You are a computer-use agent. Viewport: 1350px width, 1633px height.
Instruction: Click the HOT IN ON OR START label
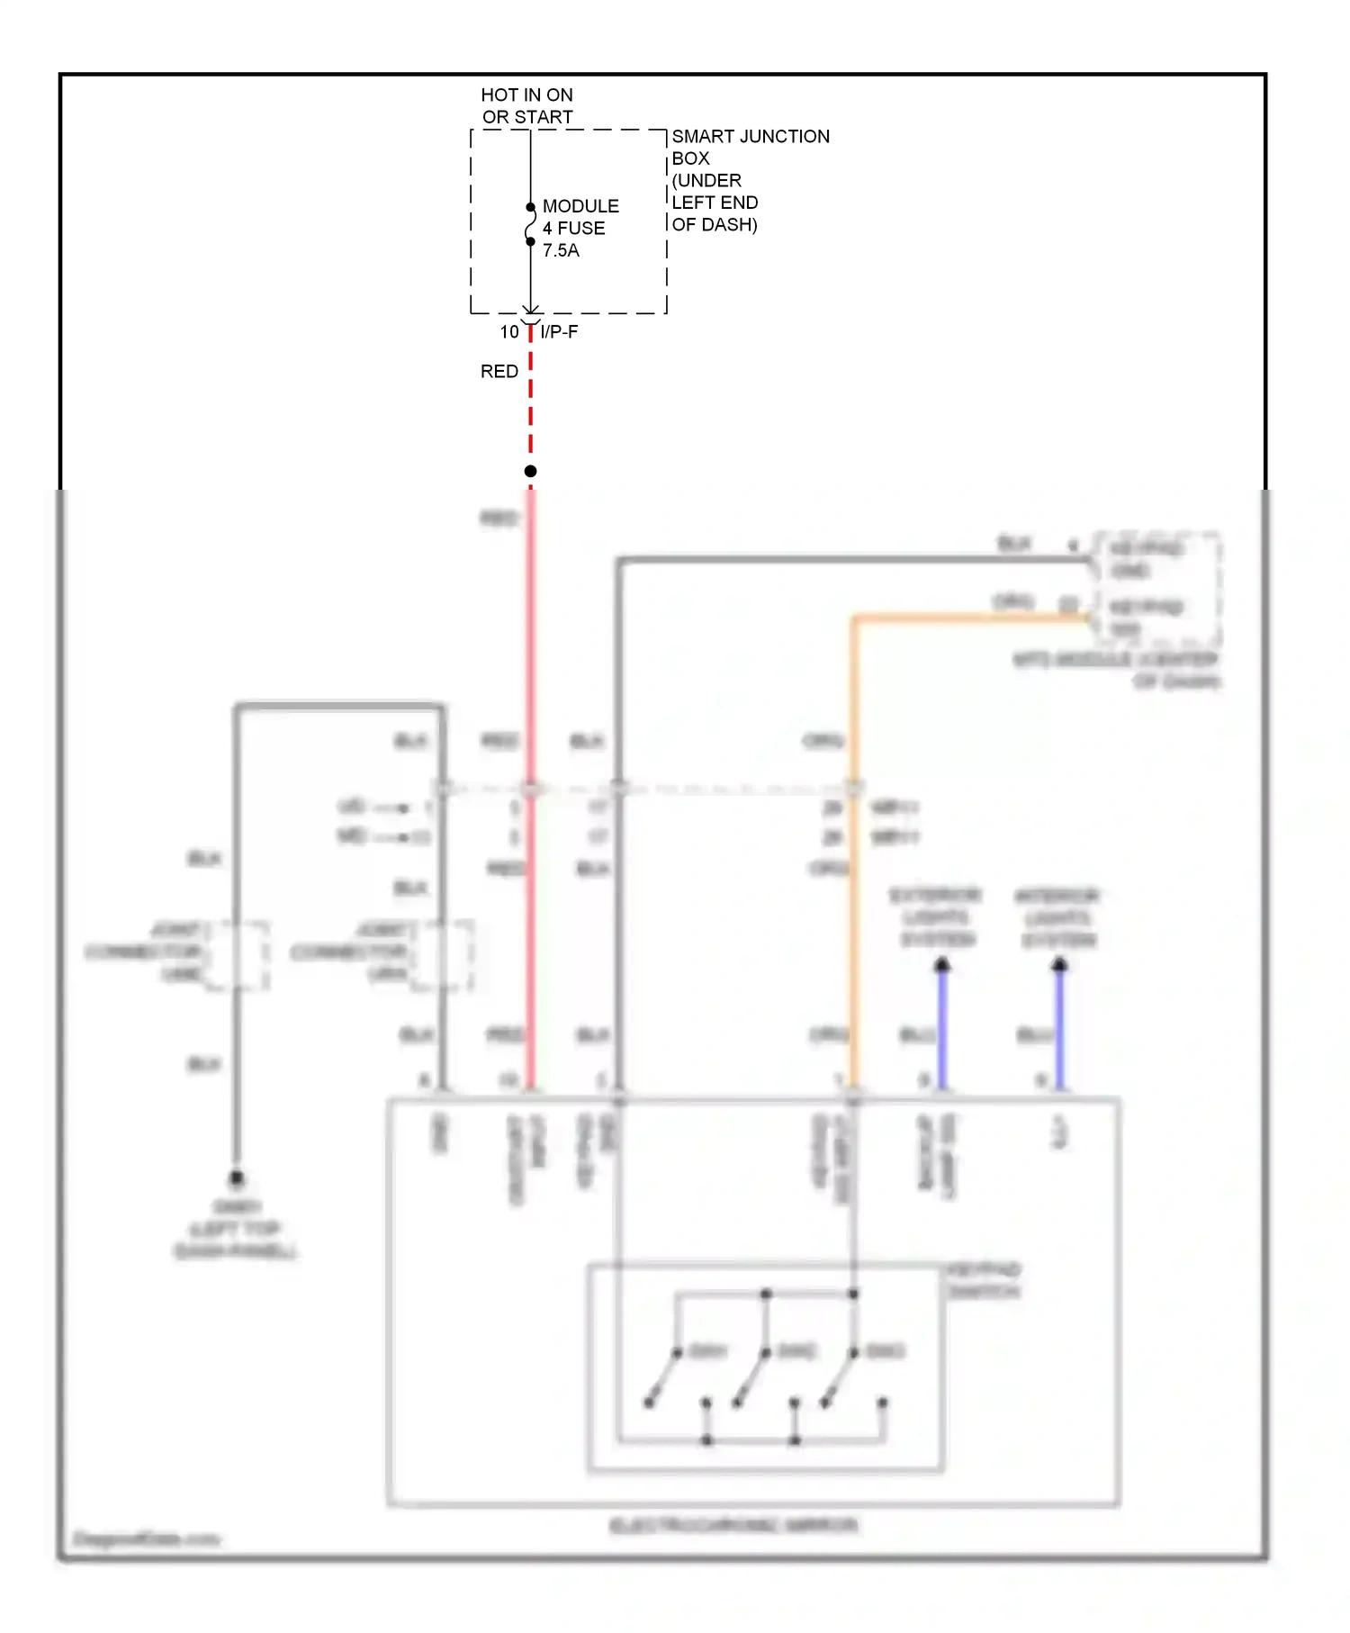[526, 106]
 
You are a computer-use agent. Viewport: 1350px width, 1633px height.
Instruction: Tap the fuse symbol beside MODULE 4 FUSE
[530, 225]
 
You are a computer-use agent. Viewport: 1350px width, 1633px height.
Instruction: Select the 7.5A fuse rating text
[561, 251]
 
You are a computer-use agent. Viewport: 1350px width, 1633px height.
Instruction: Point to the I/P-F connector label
[559, 332]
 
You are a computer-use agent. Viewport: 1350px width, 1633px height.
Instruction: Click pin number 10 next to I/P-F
[509, 332]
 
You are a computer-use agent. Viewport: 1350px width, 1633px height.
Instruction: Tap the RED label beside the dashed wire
[499, 372]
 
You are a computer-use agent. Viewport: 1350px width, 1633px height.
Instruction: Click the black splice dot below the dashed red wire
[530, 472]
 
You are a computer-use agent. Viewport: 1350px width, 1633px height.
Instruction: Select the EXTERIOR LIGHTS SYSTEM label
[936, 917]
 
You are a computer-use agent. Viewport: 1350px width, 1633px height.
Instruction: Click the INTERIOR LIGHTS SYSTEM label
[1058, 918]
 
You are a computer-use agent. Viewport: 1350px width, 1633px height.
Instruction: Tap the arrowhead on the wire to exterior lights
[942, 966]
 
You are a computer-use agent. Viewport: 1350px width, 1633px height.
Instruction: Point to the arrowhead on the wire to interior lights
[1059, 966]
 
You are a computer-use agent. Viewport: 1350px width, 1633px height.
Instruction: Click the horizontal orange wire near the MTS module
[972, 618]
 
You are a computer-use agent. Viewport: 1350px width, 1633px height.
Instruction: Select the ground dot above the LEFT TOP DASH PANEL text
[237, 1177]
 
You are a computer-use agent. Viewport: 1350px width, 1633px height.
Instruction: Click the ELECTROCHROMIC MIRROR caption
[733, 1525]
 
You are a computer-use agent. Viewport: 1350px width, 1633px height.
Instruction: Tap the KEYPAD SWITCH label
[984, 1280]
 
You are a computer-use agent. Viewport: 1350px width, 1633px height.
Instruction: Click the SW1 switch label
[707, 1351]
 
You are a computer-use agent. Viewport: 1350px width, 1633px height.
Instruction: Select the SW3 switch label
[886, 1351]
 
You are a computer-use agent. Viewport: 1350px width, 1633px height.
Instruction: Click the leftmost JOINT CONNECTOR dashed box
[236, 955]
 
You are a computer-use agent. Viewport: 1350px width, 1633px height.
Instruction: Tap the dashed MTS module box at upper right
[1156, 588]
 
